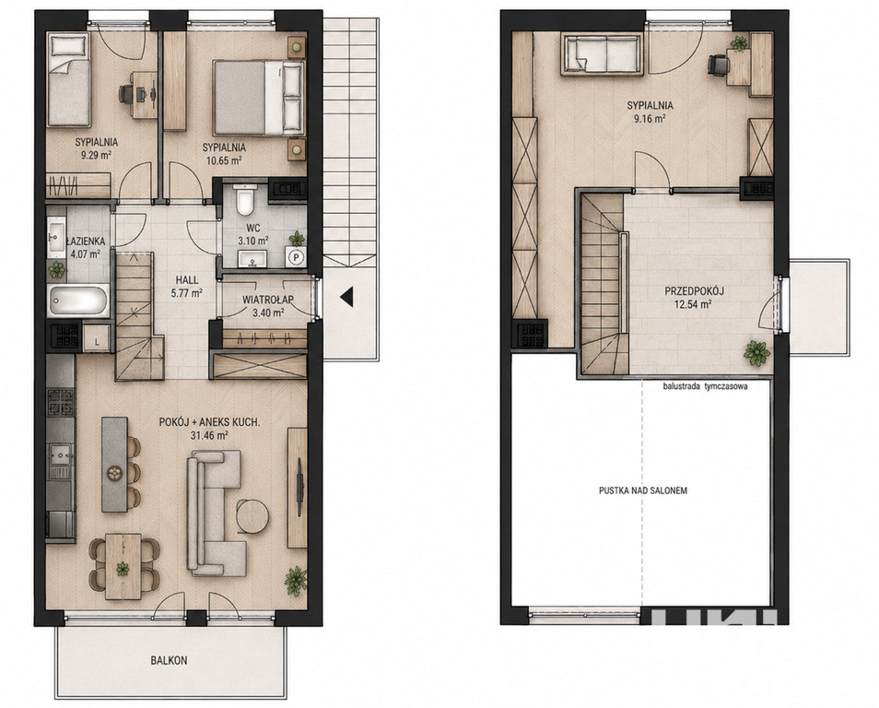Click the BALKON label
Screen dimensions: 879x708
coord(169,660)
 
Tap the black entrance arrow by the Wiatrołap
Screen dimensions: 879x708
coord(347,297)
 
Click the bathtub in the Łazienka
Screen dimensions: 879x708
coord(78,301)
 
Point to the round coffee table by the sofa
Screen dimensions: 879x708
coord(252,516)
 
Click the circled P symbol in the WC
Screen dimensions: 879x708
coord(296,257)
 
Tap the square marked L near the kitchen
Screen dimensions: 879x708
coord(96,339)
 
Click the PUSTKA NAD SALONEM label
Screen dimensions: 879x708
coord(643,490)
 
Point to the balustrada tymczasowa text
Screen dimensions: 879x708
coord(705,386)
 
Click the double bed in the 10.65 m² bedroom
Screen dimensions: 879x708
coord(258,98)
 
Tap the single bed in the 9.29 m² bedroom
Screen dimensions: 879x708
coord(68,79)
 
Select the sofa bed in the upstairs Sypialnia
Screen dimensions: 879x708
coord(602,55)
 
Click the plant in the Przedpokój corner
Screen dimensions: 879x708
coord(756,353)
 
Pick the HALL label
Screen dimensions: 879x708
coord(187,280)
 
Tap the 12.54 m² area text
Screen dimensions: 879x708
coord(694,304)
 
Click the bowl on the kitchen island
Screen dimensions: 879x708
coord(115,473)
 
